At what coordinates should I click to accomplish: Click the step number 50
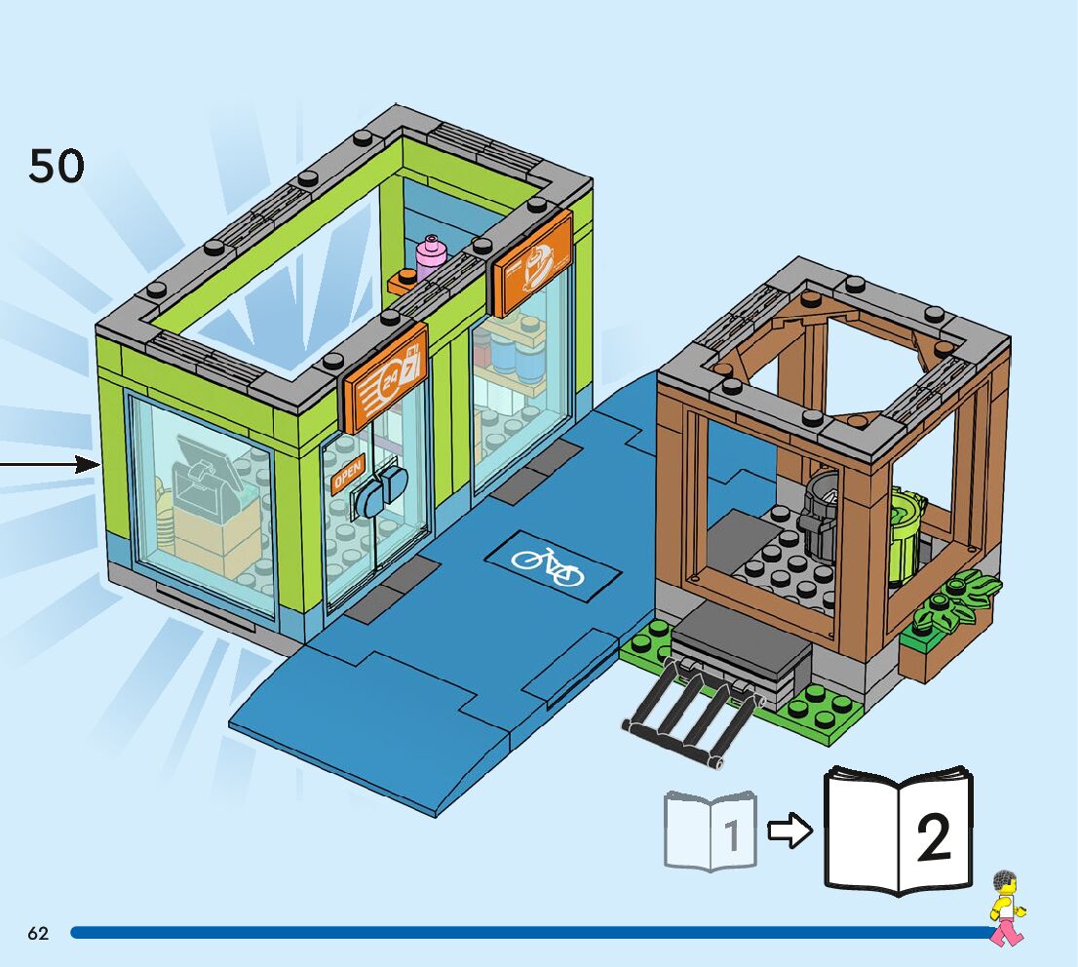(57, 166)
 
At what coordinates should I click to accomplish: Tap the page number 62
(38, 933)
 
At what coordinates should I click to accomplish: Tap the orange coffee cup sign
(531, 262)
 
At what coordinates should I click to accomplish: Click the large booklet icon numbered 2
(898, 831)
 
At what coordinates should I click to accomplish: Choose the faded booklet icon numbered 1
(711, 831)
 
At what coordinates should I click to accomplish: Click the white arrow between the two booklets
(789, 832)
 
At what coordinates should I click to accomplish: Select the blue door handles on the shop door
(381, 491)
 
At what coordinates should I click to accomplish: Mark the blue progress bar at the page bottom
(526, 933)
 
